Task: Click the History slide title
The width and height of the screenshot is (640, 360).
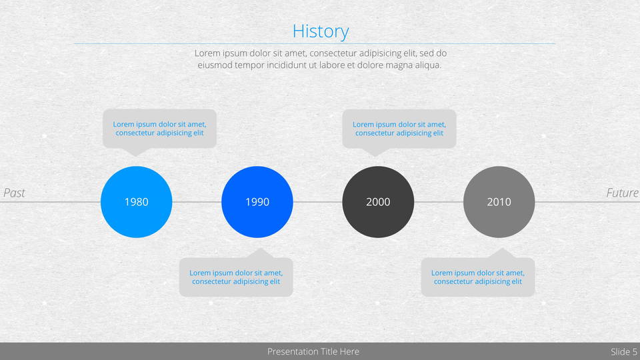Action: point(321,31)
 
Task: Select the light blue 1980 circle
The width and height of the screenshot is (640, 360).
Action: point(136,201)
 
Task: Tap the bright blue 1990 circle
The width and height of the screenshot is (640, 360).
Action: point(257,201)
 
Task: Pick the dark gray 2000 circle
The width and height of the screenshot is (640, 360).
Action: point(378,201)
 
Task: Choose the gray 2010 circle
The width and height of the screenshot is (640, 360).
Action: point(499,201)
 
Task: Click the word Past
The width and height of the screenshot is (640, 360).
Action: point(14,193)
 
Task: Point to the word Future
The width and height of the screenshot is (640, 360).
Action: point(622,193)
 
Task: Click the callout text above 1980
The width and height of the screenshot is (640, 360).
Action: point(159,129)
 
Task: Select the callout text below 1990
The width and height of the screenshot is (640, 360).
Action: point(236,277)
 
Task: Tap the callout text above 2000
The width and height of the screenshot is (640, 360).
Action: point(399,129)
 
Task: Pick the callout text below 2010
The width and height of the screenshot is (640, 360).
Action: point(478,277)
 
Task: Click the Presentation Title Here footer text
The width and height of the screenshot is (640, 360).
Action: point(313,351)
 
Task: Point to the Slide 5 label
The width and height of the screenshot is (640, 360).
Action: point(624,351)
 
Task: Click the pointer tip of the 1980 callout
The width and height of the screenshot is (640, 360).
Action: point(135,156)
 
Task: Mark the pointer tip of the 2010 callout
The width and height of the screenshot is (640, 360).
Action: point(503,248)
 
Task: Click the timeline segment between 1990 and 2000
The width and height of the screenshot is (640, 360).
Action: point(317,201)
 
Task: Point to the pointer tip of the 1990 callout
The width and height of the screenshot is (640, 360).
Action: point(261,248)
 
